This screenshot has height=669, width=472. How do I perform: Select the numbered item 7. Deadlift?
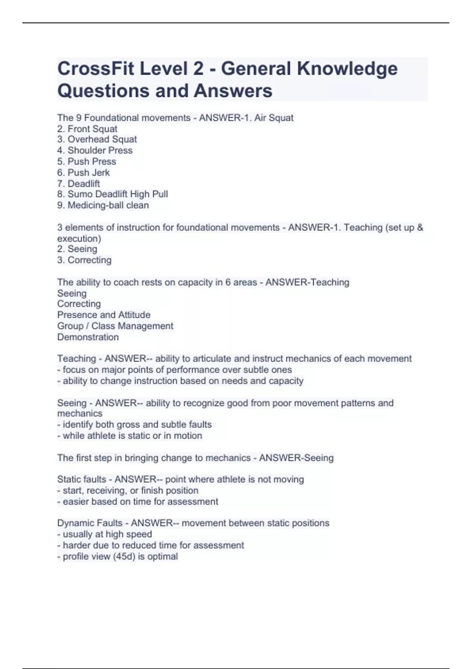pyautogui.click(x=79, y=183)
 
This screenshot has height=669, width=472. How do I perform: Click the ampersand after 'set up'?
pyautogui.click(x=420, y=227)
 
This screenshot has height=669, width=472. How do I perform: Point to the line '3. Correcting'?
pyautogui.click(x=85, y=260)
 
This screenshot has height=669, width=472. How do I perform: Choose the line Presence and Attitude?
pyautogui.click(x=104, y=315)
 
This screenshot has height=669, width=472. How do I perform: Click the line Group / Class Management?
pyautogui.click(x=115, y=326)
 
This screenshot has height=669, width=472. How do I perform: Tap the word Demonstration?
pyautogui.click(x=88, y=337)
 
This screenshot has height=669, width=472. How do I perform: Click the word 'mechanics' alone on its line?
pyautogui.click(x=80, y=414)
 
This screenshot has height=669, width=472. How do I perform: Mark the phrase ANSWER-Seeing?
pyautogui.click(x=296, y=458)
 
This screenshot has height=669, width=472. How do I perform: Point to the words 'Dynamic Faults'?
pyautogui.click(x=90, y=523)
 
